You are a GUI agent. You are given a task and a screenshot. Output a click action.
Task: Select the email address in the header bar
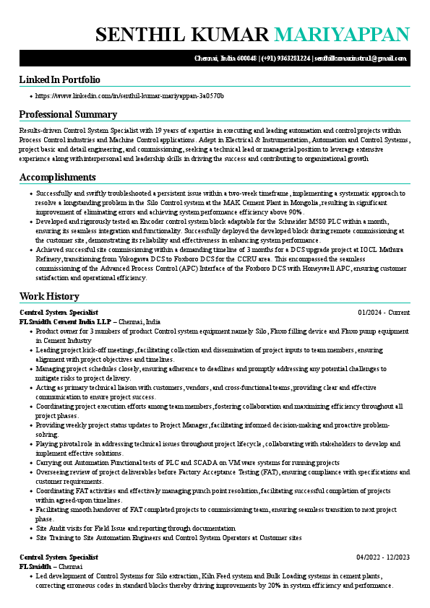361,58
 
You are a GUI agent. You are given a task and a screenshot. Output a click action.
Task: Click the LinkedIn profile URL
129,95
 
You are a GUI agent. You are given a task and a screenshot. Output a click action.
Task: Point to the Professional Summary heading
68,114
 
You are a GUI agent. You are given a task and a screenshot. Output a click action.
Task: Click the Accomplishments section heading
57,177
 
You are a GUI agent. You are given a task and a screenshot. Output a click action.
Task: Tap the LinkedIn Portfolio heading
59,79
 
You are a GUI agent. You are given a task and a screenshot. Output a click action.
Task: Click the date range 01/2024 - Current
384,312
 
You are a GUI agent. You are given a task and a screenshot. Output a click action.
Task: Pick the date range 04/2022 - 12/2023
383,557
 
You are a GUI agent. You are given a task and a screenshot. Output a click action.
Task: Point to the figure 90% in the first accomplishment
293,212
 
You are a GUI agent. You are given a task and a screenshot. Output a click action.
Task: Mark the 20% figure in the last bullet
282,585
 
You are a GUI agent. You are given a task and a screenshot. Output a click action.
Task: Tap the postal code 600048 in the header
248,58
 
